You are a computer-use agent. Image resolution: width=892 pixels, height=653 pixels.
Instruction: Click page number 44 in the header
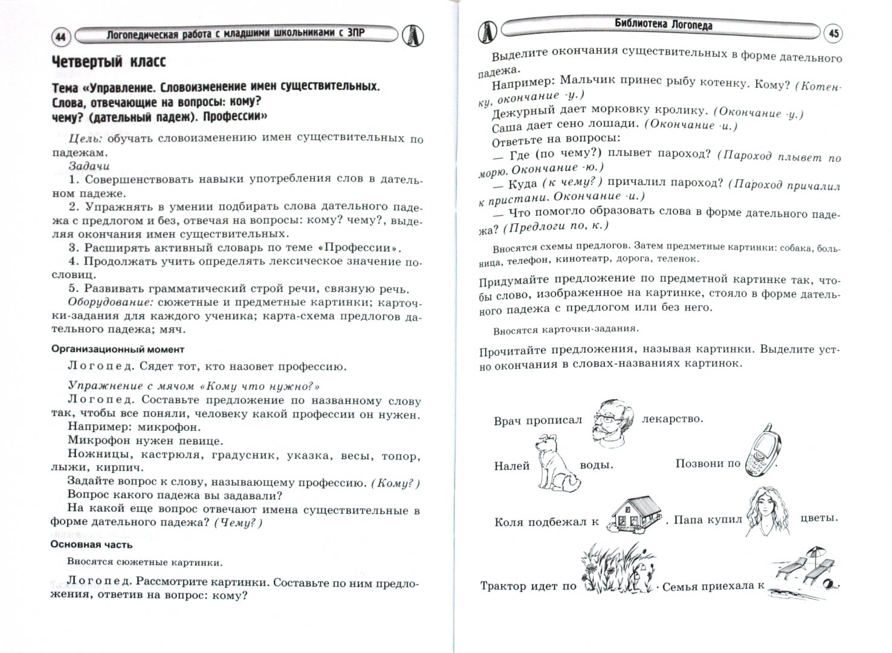click(59, 37)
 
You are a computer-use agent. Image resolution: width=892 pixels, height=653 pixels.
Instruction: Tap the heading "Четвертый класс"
click(108, 62)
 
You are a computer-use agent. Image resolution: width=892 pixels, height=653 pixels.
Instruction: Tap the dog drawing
click(555, 464)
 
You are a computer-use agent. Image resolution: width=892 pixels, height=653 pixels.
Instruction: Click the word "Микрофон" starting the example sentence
click(99, 441)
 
